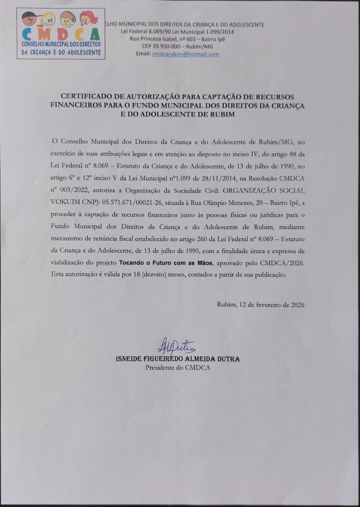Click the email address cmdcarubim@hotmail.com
pyautogui.click(x=186, y=54)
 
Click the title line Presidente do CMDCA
pyautogui.click(x=177, y=367)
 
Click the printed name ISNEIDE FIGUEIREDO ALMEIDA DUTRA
pyautogui.click(x=177, y=359)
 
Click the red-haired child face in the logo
pyautogui.click(x=88, y=18)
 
